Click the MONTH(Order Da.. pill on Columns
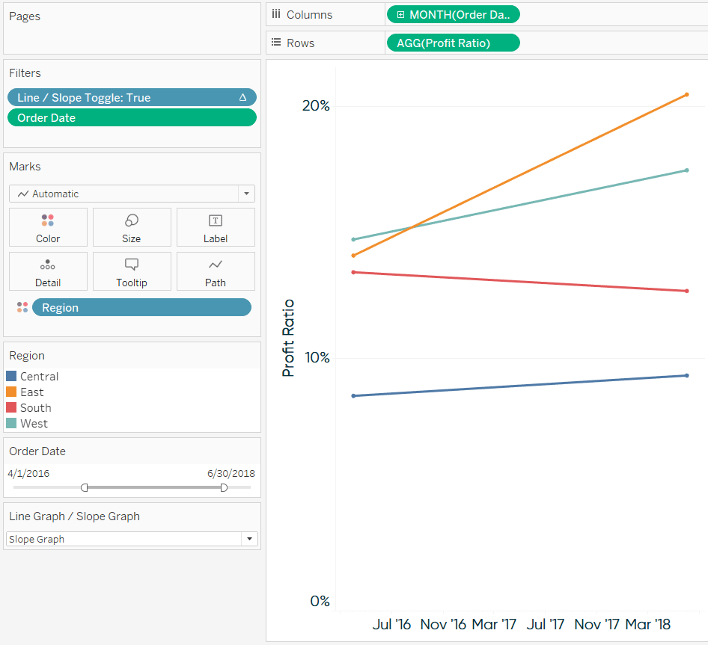pos(454,14)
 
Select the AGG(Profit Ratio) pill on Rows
pos(454,43)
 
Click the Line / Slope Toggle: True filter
pos(132,97)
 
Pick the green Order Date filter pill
pos(132,118)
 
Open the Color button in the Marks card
pos(48,227)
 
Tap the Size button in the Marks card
pos(132,227)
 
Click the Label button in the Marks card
pos(216,227)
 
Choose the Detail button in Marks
pos(48,271)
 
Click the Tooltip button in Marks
pos(132,271)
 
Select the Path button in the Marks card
pos(216,271)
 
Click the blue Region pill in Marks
pos(141,308)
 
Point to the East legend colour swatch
pos(11,392)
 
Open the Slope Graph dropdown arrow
pos(249,539)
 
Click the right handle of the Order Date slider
pos(224,487)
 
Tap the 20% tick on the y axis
pos(316,106)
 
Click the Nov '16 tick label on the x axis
pos(443,624)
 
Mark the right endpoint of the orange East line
pos(687,95)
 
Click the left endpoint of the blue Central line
pos(353,396)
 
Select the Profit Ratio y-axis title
pos(288,338)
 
